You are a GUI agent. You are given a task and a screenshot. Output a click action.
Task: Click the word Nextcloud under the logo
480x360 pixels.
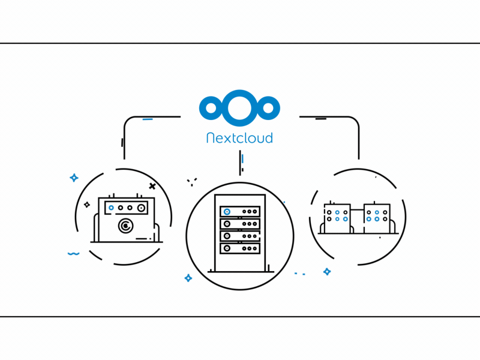click(x=239, y=138)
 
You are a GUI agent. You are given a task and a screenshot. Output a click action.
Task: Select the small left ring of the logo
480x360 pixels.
click(x=211, y=108)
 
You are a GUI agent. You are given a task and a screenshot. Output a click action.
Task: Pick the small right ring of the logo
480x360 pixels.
click(x=268, y=108)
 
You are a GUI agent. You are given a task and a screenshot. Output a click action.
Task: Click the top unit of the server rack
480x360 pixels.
click(x=240, y=212)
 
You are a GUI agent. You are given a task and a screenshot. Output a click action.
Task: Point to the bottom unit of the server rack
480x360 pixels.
click(x=240, y=248)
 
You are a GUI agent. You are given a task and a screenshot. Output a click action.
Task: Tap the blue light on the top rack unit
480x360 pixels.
click(x=227, y=212)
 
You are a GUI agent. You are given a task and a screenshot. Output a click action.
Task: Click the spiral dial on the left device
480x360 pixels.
click(x=125, y=226)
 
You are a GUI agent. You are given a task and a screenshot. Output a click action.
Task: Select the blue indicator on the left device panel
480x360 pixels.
click(x=112, y=208)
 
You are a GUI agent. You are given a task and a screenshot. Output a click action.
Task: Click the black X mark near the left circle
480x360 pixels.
click(x=152, y=187)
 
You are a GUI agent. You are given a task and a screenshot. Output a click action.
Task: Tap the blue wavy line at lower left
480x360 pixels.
click(x=73, y=254)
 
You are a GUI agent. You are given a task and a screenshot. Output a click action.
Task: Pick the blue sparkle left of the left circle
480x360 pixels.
click(x=74, y=178)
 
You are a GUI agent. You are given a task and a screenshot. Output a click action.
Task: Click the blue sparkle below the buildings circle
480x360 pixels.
click(x=327, y=272)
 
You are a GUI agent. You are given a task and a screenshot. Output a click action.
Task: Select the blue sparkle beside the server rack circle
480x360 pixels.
click(x=188, y=278)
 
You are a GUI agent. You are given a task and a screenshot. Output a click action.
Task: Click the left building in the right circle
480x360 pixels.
click(x=337, y=218)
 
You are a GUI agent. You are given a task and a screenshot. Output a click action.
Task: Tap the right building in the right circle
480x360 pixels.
click(x=377, y=218)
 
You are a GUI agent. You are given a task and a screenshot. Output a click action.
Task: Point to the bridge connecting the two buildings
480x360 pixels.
click(x=357, y=211)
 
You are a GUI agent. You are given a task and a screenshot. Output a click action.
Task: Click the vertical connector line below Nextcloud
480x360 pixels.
click(x=240, y=162)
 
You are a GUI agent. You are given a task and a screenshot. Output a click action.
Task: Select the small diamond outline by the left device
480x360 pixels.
click(x=87, y=205)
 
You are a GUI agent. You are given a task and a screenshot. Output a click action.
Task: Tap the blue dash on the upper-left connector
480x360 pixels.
click(x=147, y=119)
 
